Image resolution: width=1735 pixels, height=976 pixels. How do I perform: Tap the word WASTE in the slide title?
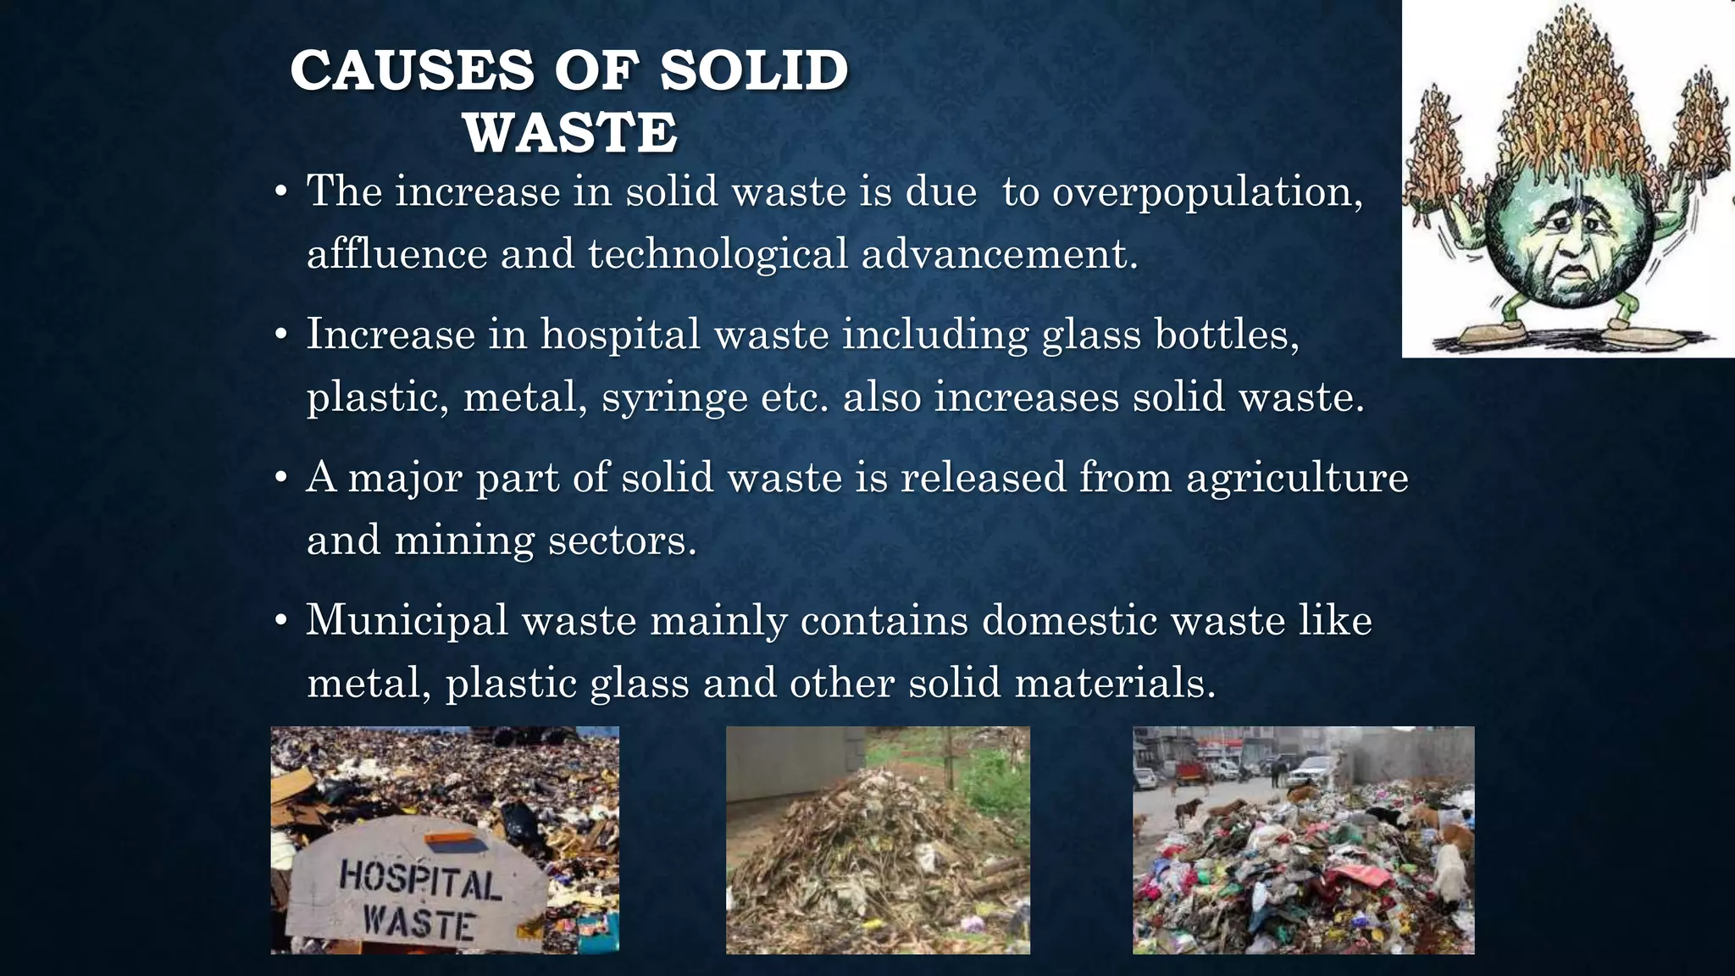(570, 133)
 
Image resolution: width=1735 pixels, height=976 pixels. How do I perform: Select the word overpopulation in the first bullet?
(1206, 192)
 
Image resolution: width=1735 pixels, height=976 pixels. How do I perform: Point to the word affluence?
(396, 254)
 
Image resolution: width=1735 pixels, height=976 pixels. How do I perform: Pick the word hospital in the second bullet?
(620, 334)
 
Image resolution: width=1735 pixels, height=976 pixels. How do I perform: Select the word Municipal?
(407, 621)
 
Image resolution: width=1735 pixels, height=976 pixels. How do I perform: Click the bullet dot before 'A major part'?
(282, 478)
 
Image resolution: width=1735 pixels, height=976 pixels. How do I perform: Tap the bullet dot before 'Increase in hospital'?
(282, 335)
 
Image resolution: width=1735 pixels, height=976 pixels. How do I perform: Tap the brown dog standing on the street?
(1189, 808)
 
